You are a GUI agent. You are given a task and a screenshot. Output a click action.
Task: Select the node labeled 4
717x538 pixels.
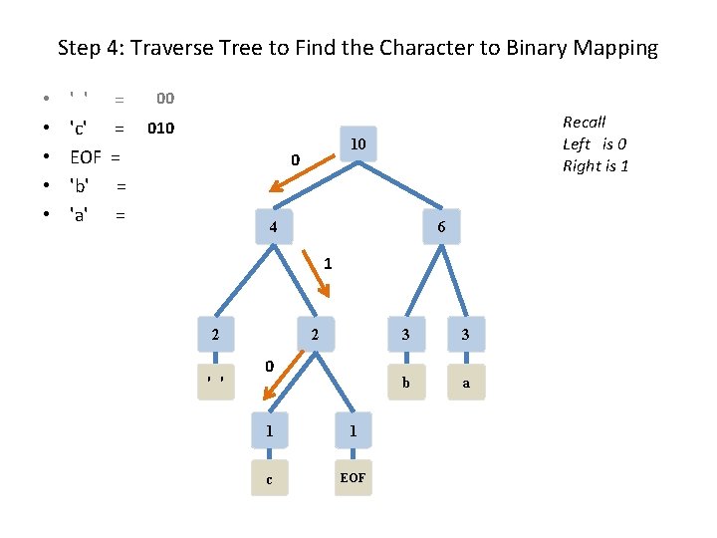point(272,228)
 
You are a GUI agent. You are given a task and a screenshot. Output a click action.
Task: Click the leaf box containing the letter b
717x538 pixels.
point(405,383)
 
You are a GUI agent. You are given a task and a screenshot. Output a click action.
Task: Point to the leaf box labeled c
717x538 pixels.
point(269,478)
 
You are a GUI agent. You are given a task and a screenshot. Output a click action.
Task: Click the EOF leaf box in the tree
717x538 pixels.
point(353,478)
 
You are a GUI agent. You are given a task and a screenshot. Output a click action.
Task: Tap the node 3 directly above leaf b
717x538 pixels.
point(405,335)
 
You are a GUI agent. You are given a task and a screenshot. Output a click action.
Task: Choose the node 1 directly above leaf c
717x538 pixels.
point(269,431)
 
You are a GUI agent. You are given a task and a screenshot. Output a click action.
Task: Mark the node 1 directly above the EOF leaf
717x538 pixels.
point(353,431)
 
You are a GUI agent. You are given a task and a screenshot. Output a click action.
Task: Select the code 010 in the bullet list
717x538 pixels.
point(160,129)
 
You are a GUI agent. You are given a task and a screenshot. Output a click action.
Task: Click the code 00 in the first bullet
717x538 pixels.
point(165,99)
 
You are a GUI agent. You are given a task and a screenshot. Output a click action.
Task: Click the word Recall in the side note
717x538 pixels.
point(584,122)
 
